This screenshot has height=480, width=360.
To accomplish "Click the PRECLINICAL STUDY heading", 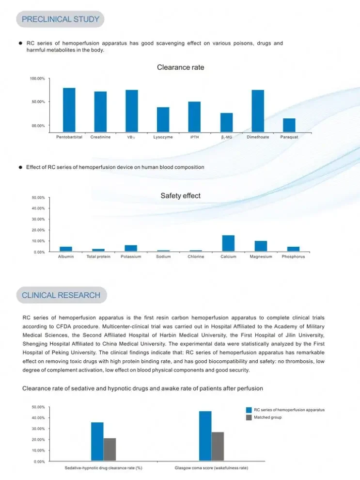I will tap(60, 19).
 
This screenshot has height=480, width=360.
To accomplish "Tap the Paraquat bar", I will tap(289, 125).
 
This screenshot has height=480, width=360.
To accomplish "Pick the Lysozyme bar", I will tap(163, 119).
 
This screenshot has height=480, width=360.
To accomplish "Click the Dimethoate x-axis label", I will tap(258, 137).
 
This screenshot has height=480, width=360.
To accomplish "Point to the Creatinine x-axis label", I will tap(100, 137).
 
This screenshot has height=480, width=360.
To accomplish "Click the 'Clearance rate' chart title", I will tap(180, 67).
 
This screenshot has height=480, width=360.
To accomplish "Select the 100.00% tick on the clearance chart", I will tap(38, 79).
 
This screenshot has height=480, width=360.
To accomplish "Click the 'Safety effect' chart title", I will tap(180, 196).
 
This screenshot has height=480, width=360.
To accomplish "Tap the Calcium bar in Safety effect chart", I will tap(228, 243).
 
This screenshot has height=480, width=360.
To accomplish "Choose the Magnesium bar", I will tap(261, 246).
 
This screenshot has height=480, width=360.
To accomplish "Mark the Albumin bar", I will tap(66, 249).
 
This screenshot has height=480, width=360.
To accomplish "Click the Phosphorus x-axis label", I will tap(293, 256).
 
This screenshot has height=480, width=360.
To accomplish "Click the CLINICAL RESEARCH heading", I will tap(61, 295).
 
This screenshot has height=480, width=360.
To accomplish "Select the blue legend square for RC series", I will tap(249, 410).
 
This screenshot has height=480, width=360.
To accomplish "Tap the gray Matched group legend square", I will tap(249, 417).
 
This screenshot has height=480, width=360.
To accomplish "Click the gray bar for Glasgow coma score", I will tap(218, 446).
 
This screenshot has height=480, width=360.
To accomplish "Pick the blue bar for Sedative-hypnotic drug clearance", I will tap(97, 441).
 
